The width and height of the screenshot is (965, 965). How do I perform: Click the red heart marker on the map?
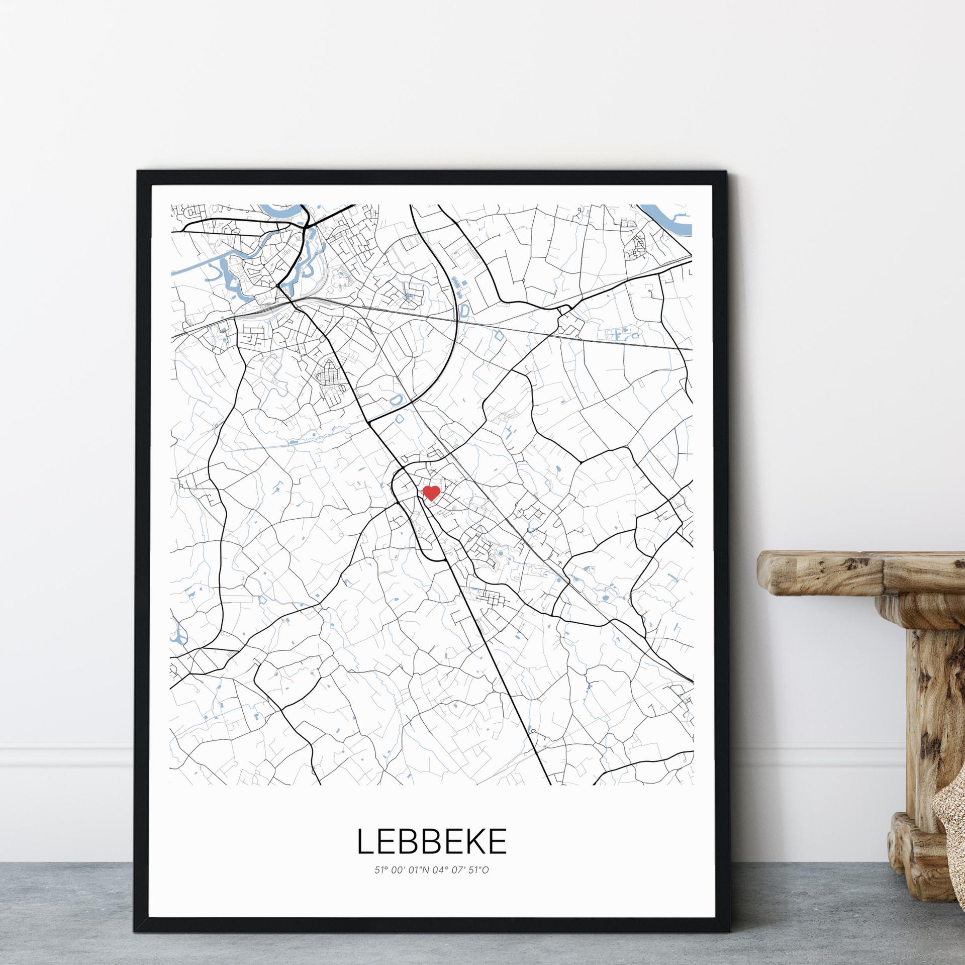click(431, 493)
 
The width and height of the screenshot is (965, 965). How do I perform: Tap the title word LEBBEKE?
click(432, 841)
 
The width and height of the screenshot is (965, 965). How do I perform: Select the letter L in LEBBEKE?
click(365, 841)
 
